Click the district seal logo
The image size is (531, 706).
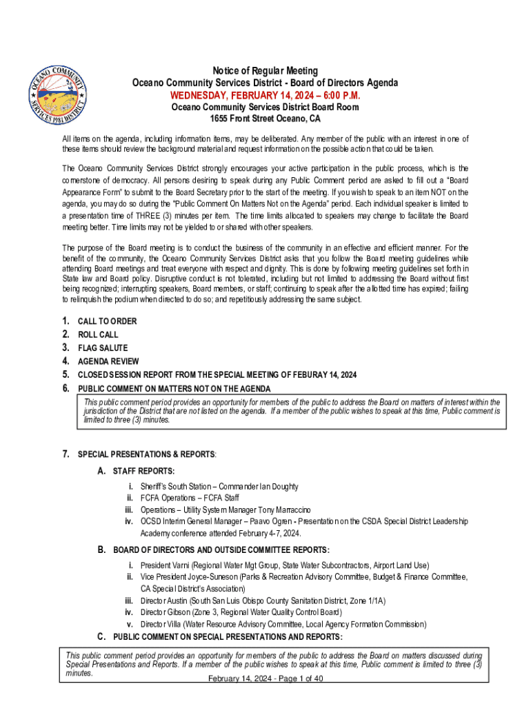point(56,92)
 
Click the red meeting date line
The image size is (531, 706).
point(265,95)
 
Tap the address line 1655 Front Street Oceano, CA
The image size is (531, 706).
point(265,119)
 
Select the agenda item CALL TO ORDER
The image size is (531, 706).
point(107,321)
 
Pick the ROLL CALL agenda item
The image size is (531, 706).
point(98,334)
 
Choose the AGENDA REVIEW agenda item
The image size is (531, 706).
point(108,361)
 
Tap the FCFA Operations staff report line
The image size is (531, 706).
point(190,498)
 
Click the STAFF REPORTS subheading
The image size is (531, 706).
point(143,471)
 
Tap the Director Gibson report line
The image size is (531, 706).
point(241,612)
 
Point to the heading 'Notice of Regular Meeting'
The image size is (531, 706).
point(265,71)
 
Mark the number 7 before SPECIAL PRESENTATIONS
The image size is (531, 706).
point(66,454)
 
